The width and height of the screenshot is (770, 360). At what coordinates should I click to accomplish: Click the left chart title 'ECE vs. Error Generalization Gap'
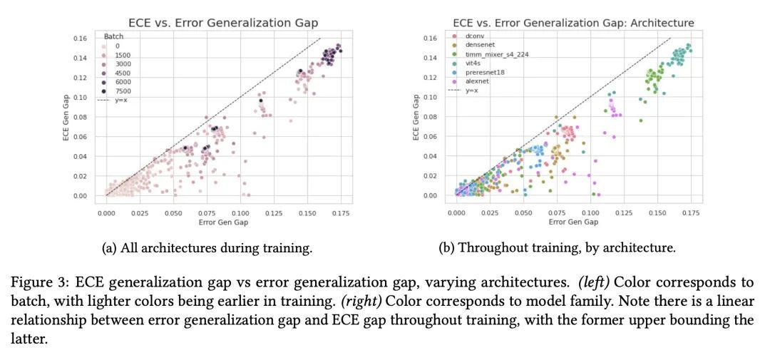point(223,23)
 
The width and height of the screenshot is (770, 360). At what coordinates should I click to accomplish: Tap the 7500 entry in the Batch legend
point(123,92)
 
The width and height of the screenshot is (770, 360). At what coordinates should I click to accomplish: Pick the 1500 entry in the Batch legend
point(123,55)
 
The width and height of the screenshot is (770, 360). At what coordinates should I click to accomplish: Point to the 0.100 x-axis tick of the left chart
point(240,212)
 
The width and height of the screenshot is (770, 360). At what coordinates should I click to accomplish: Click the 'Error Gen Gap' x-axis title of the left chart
point(223,222)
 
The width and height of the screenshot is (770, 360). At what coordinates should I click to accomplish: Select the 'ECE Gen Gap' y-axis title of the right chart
point(417,117)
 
